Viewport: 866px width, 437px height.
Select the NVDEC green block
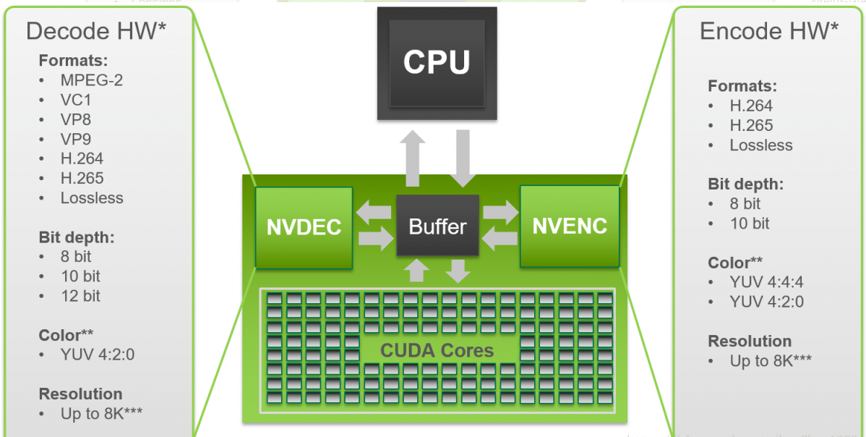click(304, 227)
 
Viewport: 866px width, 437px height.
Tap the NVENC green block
click(570, 226)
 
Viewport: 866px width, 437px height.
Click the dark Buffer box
click(437, 226)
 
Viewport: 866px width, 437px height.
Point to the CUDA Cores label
click(437, 352)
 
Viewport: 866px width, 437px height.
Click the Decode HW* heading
click(97, 31)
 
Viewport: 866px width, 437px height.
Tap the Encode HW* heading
click(769, 31)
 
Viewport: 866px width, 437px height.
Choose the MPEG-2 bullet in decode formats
click(91, 80)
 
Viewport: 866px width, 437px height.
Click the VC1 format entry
click(76, 100)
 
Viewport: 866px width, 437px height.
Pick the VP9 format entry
click(76, 139)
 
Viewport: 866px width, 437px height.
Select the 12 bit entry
click(80, 295)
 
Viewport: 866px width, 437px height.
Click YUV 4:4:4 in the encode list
click(766, 282)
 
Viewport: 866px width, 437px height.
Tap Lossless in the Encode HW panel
click(761, 145)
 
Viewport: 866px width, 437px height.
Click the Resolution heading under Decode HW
click(80, 394)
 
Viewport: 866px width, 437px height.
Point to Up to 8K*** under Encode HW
click(771, 360)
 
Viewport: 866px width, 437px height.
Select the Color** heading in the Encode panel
click(735, 263)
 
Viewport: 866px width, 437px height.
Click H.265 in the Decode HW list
click(82, 178)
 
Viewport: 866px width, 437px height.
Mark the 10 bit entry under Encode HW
click(750, 223)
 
